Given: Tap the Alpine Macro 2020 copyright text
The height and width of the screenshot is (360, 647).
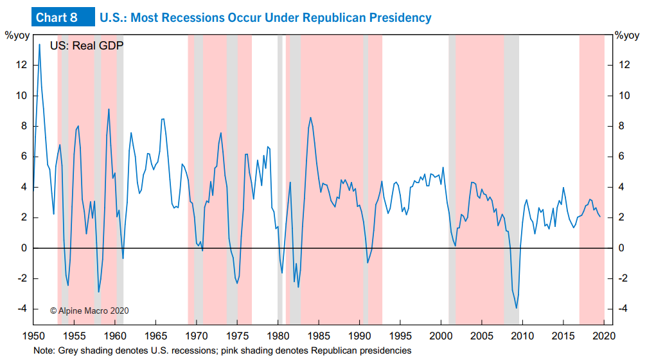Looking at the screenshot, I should pyautogui.click(x=89, y=310).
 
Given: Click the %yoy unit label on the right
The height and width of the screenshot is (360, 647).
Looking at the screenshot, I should pyautogui.click(x=626, y=35).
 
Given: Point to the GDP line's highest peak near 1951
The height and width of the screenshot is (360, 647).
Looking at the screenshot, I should pyautogui.click(x=39, y=44).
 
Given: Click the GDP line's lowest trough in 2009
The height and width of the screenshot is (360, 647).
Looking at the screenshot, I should pyautogui.click(x=517, y=308).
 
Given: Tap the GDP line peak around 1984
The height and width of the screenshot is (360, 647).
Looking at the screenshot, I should pyautogui.click(x=311, y=118).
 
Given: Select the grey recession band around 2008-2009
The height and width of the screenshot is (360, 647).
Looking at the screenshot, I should pyautogui.click(x=511, y=180).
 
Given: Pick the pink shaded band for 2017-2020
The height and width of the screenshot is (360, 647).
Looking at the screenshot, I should pyautogui.click(x=592, y=180).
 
